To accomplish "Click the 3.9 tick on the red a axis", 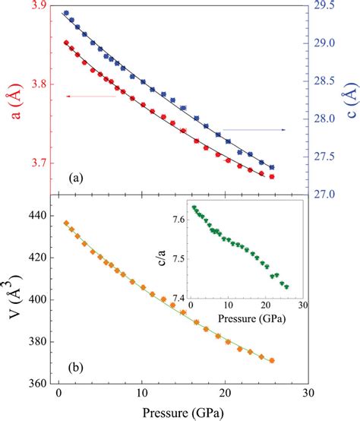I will click(33, 6).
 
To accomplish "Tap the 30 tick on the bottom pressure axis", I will click(307, 396).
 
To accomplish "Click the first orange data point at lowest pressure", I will click(66, 223).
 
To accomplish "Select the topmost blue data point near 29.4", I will click(66, 14).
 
